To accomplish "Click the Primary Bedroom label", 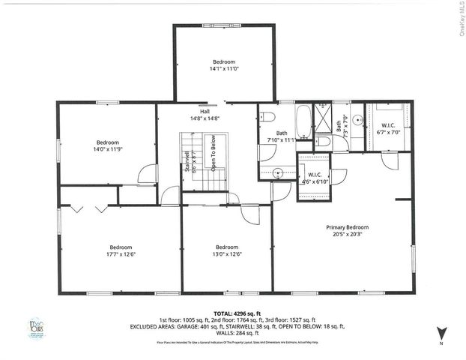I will pyautogui.click(x=346, y=227).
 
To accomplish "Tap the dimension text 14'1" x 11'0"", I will pyautogui.click(x=223, y=69).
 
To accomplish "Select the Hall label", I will pyautogui.click(x=205, y=111).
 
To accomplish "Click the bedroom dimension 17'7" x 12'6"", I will pyautogui.click(x=121, y=254).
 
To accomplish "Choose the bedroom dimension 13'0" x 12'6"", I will pyautogui.click(x=226, y=254).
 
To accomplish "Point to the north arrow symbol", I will pyautogui.click(x=441, y=331).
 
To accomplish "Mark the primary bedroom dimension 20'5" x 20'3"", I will pyautogui.click(x=346, y=234).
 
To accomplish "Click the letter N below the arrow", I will pyautogui.click(x=442, y=343).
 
